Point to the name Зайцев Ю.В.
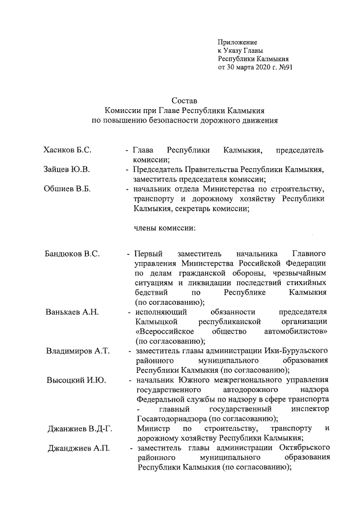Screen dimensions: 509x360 point(67,169)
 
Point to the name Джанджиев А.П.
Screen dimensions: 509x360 point(79,448)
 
